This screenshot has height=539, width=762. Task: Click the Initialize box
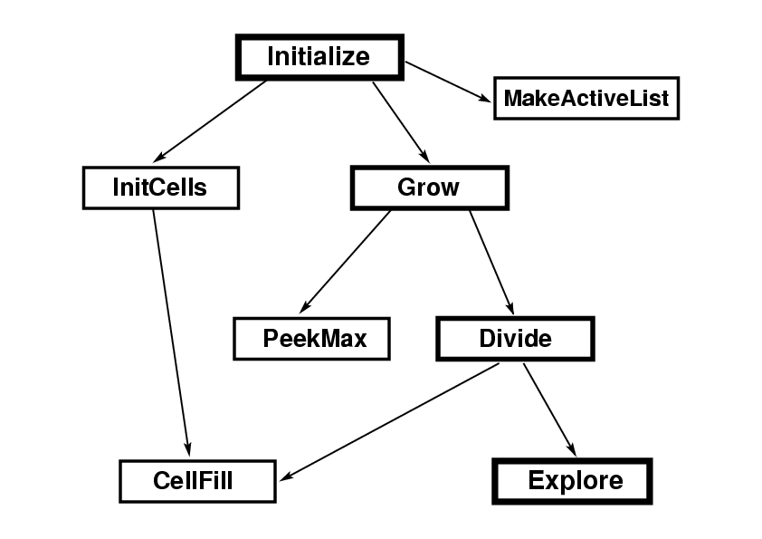(x=319, y=57)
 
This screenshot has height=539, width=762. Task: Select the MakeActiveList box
(x=586, y=98)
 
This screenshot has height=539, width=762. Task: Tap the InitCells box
(x=160, y=188)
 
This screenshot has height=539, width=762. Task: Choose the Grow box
(x=428, y=188)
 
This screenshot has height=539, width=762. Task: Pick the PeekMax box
(x=311, y=339)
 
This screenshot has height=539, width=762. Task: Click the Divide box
(x=515, y=339)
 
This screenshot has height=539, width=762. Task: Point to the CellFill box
(x=197, y=480)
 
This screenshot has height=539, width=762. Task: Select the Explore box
(x=572, y=480)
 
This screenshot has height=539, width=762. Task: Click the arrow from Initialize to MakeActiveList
(x=448, y=80)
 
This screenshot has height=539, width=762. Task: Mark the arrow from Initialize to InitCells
(x=213, y=122)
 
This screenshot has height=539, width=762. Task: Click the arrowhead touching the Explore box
(x=571, y=448)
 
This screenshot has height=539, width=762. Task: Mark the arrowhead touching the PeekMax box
(x=307, y=307)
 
